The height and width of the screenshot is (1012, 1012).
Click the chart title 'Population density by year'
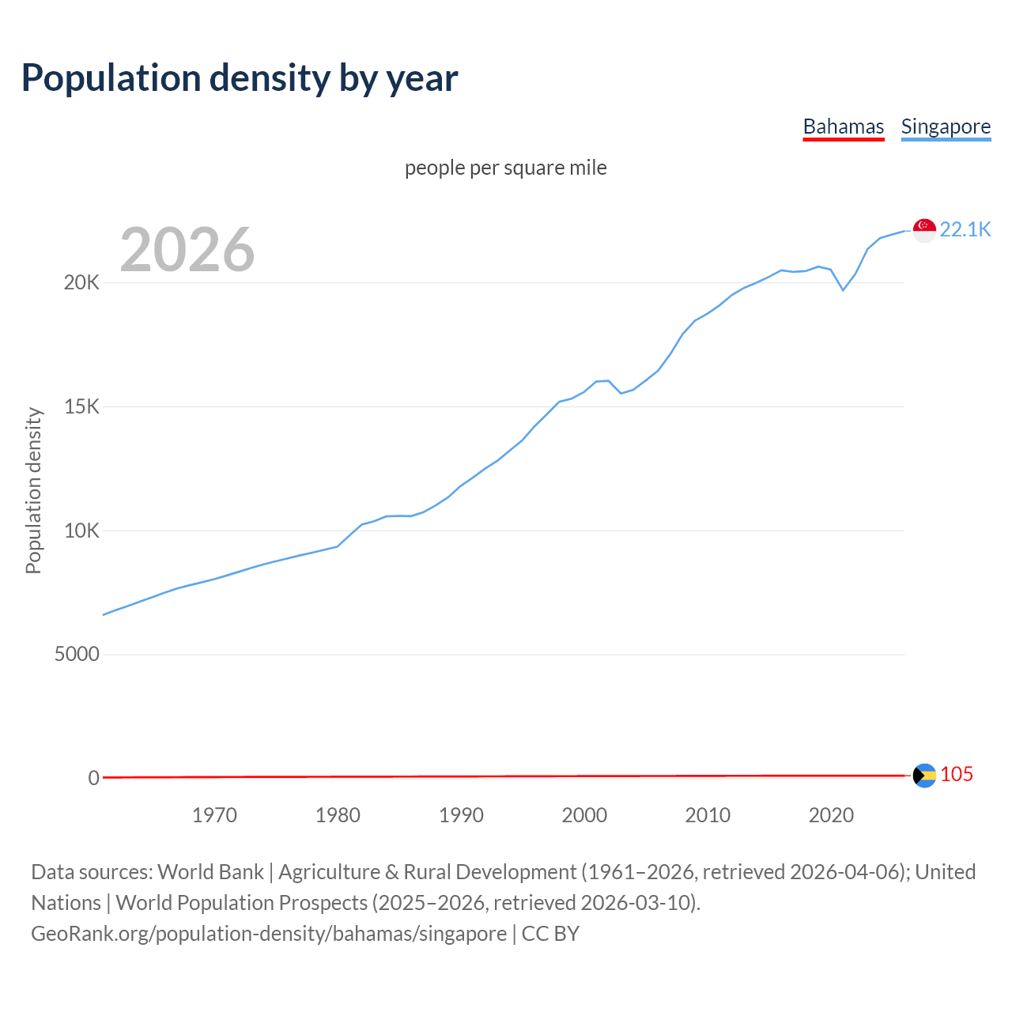(240, 78)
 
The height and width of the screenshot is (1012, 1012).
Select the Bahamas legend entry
(843, 126)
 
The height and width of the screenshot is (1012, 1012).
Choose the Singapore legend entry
(946, 126)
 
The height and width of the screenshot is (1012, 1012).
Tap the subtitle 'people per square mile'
(505, 168)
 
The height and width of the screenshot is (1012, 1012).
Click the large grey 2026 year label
(187, 250)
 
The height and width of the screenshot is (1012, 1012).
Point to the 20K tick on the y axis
(81, 283)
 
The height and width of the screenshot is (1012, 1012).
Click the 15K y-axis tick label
(81, 407)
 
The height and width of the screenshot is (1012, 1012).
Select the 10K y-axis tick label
(81, 531)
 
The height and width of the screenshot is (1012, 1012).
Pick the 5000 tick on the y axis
(77, 655)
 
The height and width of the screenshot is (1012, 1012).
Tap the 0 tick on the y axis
(94, 778)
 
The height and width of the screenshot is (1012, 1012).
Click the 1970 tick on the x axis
(214, 815)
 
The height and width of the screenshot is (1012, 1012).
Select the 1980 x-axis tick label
(338, 815)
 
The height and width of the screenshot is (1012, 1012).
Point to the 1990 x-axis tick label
(461, 815)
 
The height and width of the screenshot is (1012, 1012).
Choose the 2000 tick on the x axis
(584, 815)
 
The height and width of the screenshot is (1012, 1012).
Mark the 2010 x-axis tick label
(708, 815)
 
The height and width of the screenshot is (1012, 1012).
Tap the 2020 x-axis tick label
(831, 815)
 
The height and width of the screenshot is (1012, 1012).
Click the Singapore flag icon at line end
(924, 230)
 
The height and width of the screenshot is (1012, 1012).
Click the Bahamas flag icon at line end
(924, 775)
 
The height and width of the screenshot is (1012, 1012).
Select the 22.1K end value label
(965, 229)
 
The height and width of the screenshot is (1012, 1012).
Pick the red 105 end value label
(956, 775)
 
